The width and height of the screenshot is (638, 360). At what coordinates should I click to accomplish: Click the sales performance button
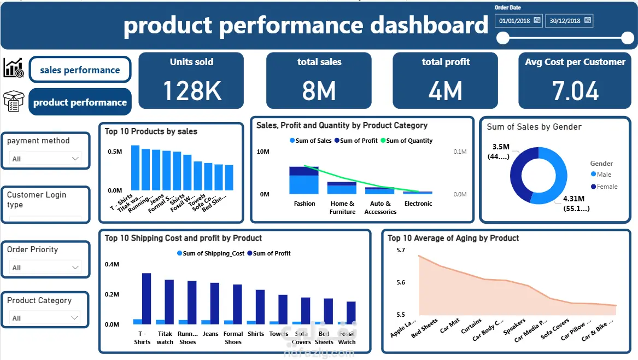pyautogui.click(x=80, y=70)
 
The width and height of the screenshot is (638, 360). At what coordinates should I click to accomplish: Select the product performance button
pyautogui.click(x=80, y=102)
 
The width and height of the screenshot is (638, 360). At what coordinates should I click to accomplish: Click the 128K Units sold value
pyautogui.click(x=192, y=90)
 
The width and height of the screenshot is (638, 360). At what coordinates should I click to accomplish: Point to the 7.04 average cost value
pyautogui.click(x=576, y=90)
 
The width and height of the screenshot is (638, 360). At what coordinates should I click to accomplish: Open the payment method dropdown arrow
pyautogui.click(x=75, y=159)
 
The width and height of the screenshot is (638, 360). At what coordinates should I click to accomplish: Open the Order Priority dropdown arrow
pyautogui.click(x=75, y=268)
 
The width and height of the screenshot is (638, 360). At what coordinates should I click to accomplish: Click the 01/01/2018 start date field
pyautogui.click(x=514, y=21)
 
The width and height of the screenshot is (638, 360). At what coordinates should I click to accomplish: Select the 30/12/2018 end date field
pyautogui.click(x=565, y=21)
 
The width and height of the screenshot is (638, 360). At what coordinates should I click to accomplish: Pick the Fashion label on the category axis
pyautogui.click(x=305, y=204)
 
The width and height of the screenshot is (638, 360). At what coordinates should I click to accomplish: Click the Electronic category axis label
pyautogui.click(x=418, y=204)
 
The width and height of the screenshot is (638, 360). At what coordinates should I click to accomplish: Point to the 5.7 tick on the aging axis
pyautogui.click(x=400, y=250)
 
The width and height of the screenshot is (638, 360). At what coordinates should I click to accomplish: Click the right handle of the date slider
pyautogui.click(x=627, y=38)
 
